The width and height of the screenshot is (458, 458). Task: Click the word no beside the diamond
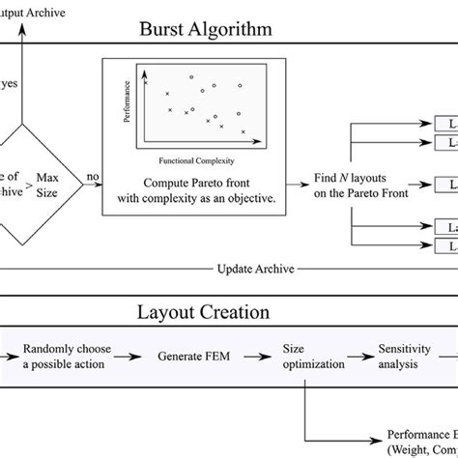pyautogui.click(x=93, y=177)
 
